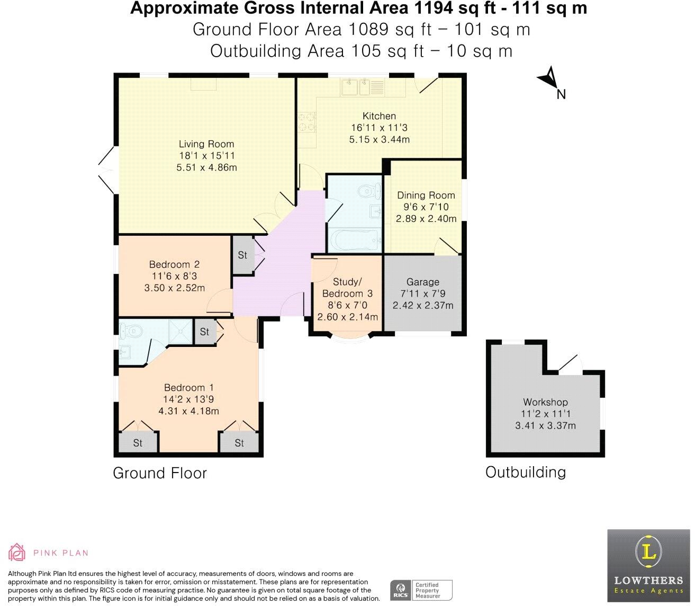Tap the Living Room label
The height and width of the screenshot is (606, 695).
pos(206,144)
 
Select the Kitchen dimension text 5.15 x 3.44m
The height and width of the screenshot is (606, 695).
pos(379,139)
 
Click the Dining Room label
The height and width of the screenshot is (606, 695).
pos(426,195)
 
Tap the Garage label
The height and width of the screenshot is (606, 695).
pos(422,282)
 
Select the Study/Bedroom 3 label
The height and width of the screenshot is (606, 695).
pos(347,288)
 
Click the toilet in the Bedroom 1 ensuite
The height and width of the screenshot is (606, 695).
pos(131,332)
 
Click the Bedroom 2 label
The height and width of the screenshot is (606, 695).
pos(174,264)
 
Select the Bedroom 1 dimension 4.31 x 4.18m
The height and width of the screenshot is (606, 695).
pos(188,411)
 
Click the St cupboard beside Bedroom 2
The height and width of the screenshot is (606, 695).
pos(242,255)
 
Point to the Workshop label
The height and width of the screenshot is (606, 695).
pos(545,402)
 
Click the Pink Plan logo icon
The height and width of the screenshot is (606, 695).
pos(17,552)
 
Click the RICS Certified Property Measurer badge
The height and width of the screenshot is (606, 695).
pos(421,590)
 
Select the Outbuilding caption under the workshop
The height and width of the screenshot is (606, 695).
pos(525,472)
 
